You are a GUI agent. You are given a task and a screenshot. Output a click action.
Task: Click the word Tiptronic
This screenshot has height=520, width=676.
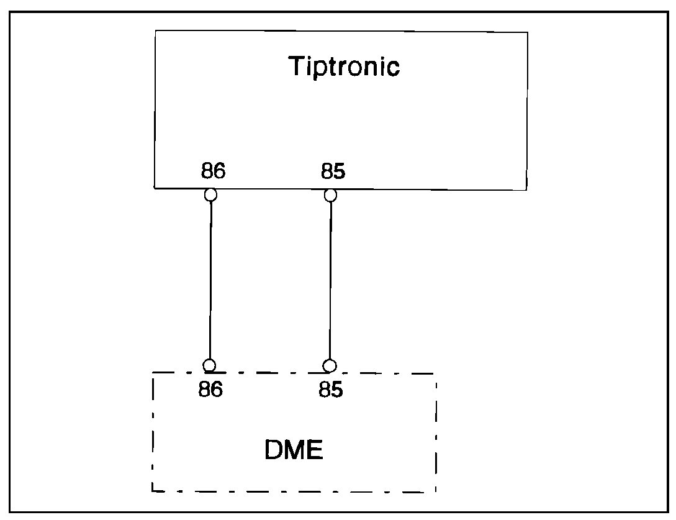(344, 66)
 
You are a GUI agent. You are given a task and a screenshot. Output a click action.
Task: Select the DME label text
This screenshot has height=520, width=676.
(294, 450)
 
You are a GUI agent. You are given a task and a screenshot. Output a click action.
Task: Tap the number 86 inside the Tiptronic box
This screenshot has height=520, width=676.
(213, 171)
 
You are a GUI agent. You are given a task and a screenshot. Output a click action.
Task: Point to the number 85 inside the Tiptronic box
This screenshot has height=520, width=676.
(333, 171)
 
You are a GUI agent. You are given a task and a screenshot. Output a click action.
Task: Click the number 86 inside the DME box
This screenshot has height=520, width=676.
(210, 390)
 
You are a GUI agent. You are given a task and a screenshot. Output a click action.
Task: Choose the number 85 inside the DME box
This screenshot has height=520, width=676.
(331, 390)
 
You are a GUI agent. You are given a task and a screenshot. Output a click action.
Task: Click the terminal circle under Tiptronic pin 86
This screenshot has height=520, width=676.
(211, 195)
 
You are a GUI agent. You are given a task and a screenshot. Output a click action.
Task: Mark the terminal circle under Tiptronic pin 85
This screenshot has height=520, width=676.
(331, 195)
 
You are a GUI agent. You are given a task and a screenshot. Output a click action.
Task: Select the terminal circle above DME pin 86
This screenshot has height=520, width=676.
(210, 365)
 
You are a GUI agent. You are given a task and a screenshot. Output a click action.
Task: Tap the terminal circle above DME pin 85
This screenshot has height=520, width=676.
(330, 365)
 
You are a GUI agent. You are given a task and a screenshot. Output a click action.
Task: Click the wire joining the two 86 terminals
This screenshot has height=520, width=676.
(210, 280)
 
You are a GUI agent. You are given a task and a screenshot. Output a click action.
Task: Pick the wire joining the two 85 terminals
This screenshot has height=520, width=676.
(330, 280)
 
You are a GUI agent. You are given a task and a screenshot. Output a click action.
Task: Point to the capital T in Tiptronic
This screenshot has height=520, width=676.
(297, 66)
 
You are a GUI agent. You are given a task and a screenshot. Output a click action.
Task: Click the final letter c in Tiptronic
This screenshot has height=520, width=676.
(393, 68)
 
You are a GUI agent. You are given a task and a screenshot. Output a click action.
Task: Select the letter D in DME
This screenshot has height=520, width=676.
(274, 450)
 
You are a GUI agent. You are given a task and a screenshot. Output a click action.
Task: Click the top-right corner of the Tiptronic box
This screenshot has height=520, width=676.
(527, 32)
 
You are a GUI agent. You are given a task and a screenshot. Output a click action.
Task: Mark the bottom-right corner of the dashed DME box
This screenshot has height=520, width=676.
(436, 492)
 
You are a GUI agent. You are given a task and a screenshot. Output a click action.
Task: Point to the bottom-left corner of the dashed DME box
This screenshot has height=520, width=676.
(153, 491)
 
